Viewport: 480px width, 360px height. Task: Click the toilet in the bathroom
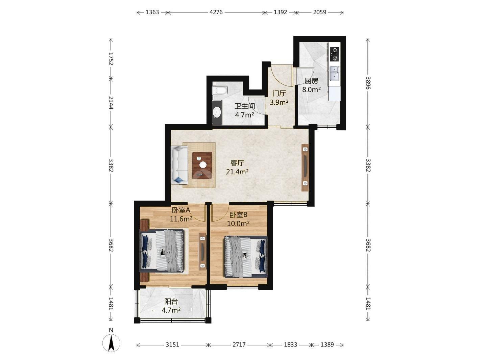coord(220,90)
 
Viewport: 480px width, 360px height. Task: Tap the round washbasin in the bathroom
coord(217,112)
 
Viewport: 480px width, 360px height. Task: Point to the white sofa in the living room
coord(179,165)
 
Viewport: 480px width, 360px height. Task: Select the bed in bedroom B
coord(246,256)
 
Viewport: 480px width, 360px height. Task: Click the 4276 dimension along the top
coord(216,12)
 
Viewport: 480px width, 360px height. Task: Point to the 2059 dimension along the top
coord(319,12)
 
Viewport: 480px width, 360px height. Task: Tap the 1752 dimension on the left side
coord(111,58)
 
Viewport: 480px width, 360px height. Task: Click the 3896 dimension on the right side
coord(368,83)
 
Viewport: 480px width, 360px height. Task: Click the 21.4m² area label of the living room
coord(237,172)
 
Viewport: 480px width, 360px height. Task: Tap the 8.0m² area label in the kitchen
coord(311,89)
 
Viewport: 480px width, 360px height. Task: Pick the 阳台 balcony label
coord(171,302)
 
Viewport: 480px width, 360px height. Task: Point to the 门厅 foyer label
coord(279,94)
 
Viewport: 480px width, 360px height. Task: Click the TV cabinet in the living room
coord(305,168)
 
